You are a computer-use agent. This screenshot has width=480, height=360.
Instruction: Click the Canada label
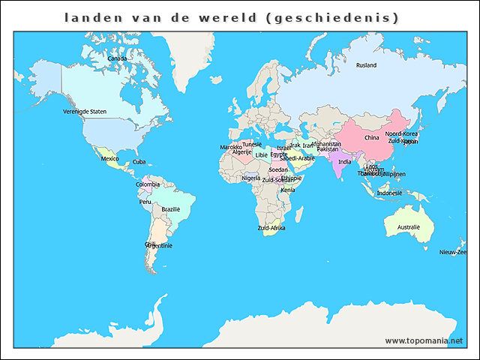116,58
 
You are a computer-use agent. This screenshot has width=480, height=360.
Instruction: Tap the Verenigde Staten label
85,111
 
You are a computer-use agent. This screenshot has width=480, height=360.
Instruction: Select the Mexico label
110,159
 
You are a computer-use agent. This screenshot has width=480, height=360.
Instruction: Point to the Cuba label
139,162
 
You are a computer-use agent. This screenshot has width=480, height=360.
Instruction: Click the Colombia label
147,184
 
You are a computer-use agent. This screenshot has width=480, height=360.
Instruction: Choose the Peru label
145,202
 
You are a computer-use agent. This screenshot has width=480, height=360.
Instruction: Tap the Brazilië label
171,209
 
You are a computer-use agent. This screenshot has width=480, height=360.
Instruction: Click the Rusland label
366,65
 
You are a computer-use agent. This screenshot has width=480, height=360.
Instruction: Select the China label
371,138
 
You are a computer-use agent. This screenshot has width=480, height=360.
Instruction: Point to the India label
344,162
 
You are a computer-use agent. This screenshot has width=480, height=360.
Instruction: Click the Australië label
408,227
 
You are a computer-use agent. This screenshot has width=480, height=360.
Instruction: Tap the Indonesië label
389,193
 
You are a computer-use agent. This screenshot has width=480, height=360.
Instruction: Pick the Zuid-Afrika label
271,228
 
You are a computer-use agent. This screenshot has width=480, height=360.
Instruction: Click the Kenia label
287,190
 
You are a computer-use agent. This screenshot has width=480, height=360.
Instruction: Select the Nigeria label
251,178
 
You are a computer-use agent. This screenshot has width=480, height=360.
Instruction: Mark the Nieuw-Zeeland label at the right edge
453,253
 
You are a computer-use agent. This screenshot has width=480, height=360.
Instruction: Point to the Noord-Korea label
401,133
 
